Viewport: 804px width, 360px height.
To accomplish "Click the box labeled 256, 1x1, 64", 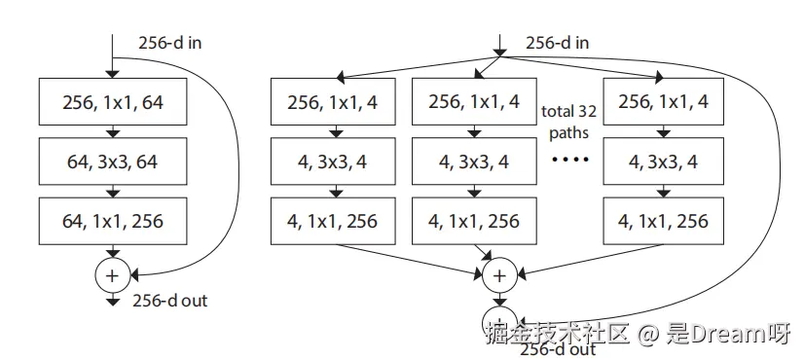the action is tap(113, 101).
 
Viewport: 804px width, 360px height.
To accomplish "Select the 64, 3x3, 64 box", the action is tap(113, 161).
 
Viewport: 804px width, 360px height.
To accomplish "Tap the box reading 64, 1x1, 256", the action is tap(113, 221).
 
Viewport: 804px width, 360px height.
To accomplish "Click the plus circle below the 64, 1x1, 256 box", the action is tap(112, 275).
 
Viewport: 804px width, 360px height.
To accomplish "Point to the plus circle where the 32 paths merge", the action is tap(499, 275).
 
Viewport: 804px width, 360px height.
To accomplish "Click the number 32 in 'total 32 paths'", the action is tap(586, 111).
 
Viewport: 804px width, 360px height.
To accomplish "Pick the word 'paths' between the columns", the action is tap(568, 134).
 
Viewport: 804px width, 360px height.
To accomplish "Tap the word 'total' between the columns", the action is tap(558, 111).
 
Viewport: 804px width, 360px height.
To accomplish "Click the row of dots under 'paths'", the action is tap(569, 160).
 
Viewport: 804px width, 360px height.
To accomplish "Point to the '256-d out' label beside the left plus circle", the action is tap(169, 300).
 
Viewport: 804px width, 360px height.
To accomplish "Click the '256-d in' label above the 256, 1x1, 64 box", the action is tap(169, 43).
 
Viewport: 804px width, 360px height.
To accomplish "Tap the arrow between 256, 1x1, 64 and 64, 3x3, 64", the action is tap(113, 131).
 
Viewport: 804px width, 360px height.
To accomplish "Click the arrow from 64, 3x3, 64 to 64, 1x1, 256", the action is tap(113, 191).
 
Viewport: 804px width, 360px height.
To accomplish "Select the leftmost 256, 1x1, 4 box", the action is tap(333, 101).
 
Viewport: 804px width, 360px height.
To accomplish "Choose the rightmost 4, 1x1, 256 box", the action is tap(663, 221).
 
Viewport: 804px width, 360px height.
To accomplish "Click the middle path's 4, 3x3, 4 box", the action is tap(474, 161).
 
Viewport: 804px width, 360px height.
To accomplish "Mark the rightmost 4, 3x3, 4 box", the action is tap(663, 161).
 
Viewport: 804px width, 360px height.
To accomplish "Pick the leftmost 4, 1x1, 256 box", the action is tap(333, 221).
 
